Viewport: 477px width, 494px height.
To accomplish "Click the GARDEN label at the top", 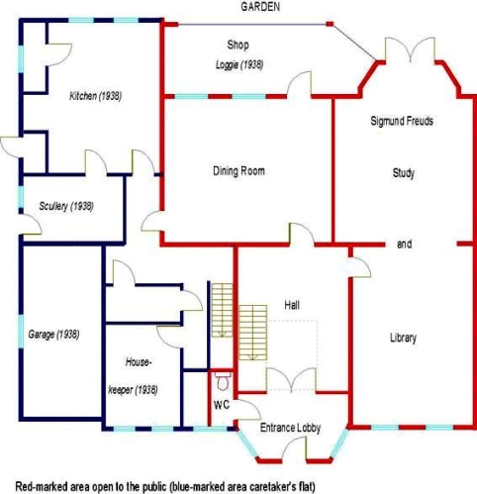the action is point(260,7).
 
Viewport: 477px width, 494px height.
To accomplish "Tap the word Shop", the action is point(238,45).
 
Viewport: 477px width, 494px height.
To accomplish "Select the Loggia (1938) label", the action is point(239,64).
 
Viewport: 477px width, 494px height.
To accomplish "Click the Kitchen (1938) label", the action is point(95,96).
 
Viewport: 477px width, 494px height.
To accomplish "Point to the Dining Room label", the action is point(238,171).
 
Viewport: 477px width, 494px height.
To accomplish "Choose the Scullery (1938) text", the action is point(66,207).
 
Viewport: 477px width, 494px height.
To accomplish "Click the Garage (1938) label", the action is point(53,335).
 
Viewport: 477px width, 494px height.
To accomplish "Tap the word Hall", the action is point(292,305).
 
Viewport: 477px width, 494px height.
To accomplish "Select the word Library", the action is point(403,338).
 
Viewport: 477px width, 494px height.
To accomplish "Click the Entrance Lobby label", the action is point(290,428).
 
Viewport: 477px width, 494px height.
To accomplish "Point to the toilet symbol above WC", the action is point(224,381).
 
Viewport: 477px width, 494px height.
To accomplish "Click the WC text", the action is point(222,405).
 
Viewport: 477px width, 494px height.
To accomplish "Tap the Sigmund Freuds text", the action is point(402,121).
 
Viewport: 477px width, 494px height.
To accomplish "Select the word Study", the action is point(404,173).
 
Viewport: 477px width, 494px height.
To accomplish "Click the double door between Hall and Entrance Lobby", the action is point(291,380).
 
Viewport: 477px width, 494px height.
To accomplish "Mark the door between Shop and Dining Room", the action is point(299,84).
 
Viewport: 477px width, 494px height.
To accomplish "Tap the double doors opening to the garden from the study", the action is point(410,49).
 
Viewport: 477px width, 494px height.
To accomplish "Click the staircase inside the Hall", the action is point(252,333).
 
